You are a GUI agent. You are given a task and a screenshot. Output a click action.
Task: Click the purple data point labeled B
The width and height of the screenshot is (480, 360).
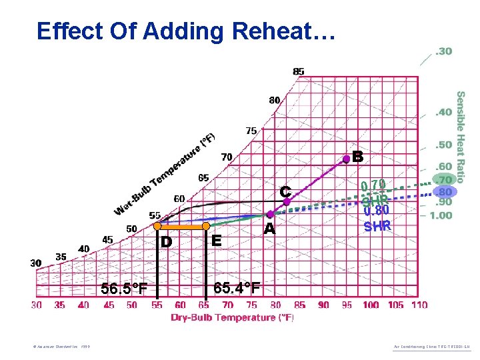[347, 159]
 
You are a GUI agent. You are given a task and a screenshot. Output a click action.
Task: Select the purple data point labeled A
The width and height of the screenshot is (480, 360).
[270, 215]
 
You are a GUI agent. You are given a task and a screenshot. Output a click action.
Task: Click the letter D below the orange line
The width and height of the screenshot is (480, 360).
[166, 241]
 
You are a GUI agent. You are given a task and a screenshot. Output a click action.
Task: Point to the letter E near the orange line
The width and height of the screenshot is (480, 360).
[216, 241]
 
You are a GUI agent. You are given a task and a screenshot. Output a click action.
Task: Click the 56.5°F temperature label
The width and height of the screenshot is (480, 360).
[123, 289]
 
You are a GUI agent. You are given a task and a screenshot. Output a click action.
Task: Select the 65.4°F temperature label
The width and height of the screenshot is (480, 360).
[237, 288]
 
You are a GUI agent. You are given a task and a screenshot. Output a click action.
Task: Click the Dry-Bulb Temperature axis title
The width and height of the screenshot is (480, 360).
[232, 317]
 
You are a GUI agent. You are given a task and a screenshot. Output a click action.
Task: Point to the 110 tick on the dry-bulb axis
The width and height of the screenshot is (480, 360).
[419, 305]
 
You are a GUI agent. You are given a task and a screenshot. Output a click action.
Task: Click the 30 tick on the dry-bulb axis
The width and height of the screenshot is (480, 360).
[37, 305]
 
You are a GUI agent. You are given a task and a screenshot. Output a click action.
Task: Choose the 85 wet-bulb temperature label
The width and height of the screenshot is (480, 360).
[299, 71]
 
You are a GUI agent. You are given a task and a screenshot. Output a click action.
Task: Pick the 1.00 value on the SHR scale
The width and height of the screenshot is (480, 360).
[441, 215]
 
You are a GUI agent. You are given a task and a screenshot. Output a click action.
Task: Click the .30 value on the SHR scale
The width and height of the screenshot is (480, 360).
[443, 52]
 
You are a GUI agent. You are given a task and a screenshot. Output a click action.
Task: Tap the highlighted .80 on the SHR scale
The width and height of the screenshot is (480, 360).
[443, 191]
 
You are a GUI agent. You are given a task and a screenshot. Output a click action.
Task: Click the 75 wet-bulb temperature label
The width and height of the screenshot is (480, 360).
[251, 131]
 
